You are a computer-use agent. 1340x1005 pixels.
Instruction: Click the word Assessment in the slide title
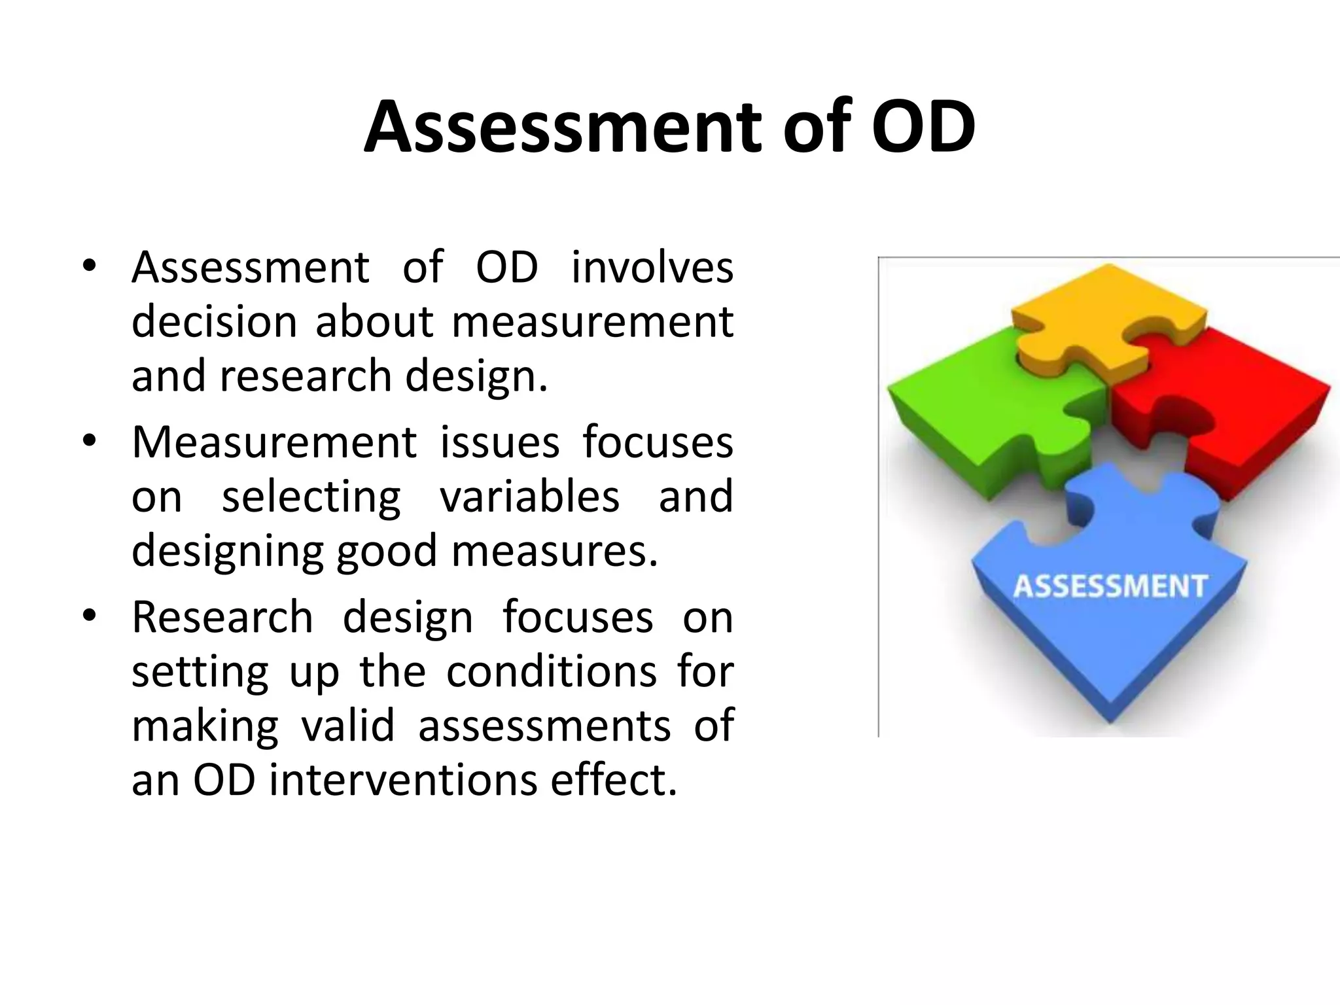click(x=563, y=127)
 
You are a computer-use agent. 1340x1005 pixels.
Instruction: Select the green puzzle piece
click(x=995, y=406)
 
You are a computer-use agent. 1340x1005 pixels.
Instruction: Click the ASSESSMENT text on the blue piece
click(x=1110, y=586)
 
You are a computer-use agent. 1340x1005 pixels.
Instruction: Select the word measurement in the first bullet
click(x=592, y=322)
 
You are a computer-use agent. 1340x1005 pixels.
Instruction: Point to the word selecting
click(x=311, y=497)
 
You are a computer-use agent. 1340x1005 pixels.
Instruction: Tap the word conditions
click(x=551, y=671)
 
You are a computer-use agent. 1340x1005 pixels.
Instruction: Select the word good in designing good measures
click(x=386, y=552)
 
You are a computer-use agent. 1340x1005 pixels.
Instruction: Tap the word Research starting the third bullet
click(x=222, y=616)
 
